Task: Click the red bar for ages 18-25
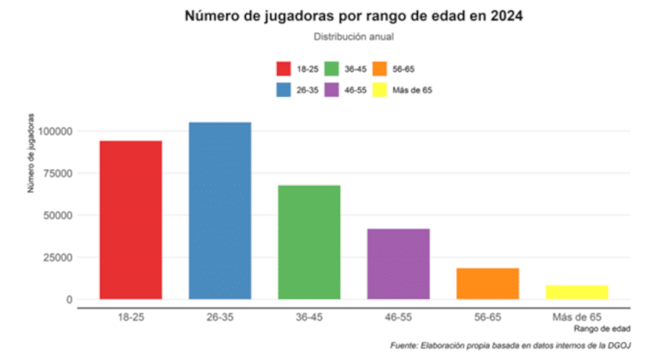pos(130,220)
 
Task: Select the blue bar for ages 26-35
pos(219,211)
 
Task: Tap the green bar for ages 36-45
pos(308,243)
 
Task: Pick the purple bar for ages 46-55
pos(398,264)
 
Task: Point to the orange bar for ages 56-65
pos(487,284)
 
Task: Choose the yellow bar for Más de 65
pos(576,292)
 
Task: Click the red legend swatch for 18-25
pos(284,69)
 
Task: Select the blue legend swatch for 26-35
pos(284,90)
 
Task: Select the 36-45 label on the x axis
pos(308,317)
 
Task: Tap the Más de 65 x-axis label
pos(576,317)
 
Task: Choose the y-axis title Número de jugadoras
pos(32,153)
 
